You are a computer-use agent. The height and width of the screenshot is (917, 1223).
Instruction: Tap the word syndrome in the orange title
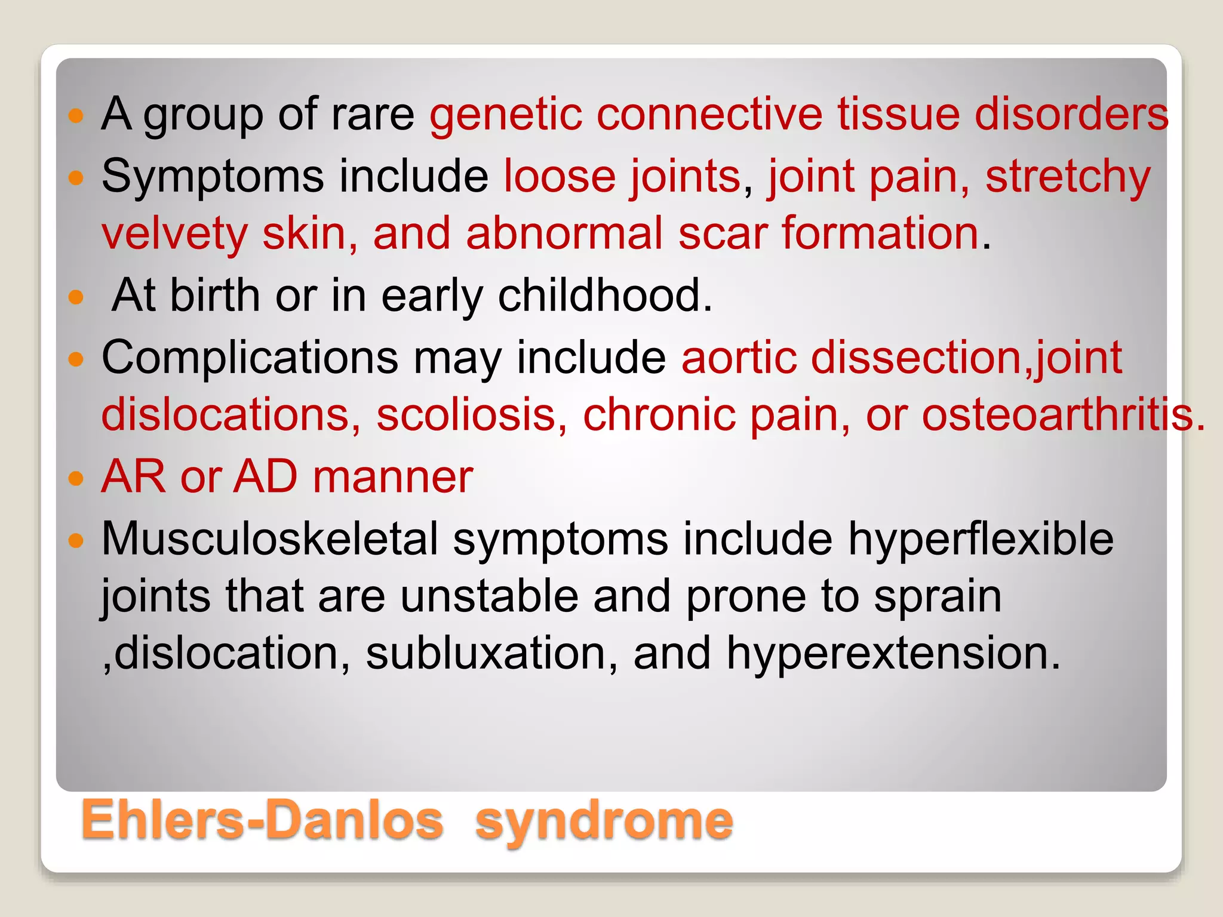[603, 823]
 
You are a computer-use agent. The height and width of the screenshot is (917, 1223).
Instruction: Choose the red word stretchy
[1068, 177]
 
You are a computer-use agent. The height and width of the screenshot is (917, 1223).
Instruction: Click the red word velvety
[174, 234]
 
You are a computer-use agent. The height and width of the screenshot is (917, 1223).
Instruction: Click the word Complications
[250, 358]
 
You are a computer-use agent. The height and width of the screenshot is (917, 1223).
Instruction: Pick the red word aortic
[739, 358]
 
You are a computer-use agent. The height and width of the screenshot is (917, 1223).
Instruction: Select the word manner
[392, 478]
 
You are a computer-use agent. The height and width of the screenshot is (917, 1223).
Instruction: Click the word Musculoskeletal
[270, 539]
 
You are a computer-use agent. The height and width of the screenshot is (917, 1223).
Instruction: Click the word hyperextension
[893, 654]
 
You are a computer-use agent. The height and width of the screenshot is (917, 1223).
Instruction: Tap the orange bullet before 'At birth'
[76, 297]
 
